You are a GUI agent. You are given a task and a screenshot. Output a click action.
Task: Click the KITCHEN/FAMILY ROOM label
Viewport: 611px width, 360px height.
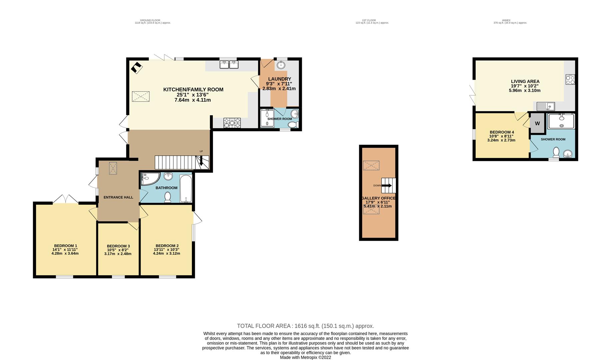click(x=193, y=89)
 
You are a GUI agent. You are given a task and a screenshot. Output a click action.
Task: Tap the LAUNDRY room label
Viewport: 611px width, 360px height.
click(x=280, y=79)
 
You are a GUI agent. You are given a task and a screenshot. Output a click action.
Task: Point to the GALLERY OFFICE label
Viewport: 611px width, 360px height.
click(x=378, y=198)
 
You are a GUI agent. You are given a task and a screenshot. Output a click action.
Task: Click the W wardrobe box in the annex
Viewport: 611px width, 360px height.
click(x=537, y=123)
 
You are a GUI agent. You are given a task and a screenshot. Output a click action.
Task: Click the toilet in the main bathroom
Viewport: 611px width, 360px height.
click(x=168, y=197)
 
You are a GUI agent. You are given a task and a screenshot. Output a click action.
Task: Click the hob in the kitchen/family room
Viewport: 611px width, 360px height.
click(x=232, y=123)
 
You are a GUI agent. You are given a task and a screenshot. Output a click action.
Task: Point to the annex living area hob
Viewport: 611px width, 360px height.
click(x=570, y=79)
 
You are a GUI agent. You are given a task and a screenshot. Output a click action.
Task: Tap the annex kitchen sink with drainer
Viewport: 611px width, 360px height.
click(x=545, y=107)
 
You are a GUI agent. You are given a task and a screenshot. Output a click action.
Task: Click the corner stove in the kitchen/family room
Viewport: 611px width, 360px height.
click(x=136, y=68)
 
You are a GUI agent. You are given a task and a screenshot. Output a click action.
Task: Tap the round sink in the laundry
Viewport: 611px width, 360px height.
click(x=281, y=65)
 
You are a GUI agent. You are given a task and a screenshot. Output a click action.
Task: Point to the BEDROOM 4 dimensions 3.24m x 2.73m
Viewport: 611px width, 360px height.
click(x=501, y=140)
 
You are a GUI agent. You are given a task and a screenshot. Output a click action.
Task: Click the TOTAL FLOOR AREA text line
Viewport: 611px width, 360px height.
click(x=305, y=326)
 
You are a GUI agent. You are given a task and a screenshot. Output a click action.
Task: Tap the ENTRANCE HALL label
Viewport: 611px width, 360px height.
click(x=118, y=197)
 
